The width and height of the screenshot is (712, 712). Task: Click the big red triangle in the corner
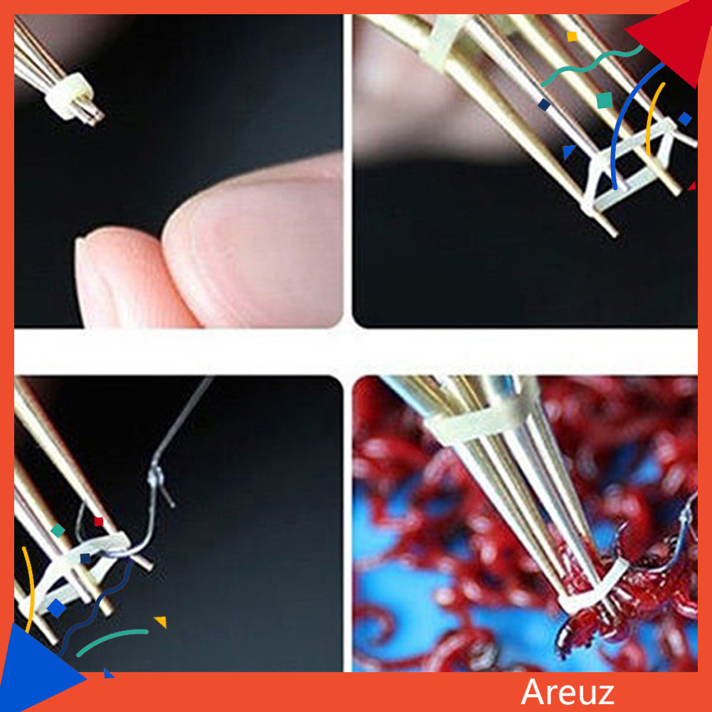click(672, 42)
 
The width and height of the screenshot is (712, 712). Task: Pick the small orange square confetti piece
click(572, 36)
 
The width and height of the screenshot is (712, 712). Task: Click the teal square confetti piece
click(604, 100)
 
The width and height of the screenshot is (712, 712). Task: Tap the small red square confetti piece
click(98, 521)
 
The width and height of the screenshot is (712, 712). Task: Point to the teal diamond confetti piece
click(58, 530)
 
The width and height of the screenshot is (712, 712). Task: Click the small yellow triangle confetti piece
click(161, 622)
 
